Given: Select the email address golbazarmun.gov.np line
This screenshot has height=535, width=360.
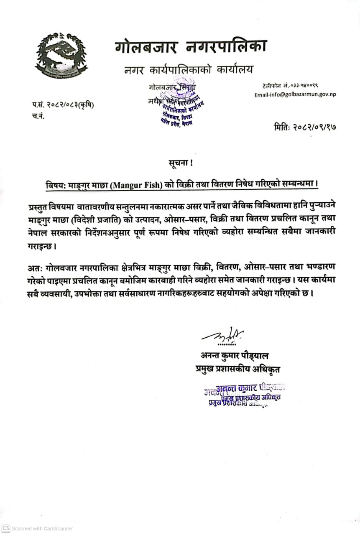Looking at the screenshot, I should coord(295,94).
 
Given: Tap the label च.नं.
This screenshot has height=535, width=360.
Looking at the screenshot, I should coord(38,116).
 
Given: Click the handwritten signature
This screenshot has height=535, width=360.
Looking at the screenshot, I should coord(222,335).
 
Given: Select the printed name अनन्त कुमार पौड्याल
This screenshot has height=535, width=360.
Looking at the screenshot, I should coord(234,356).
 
